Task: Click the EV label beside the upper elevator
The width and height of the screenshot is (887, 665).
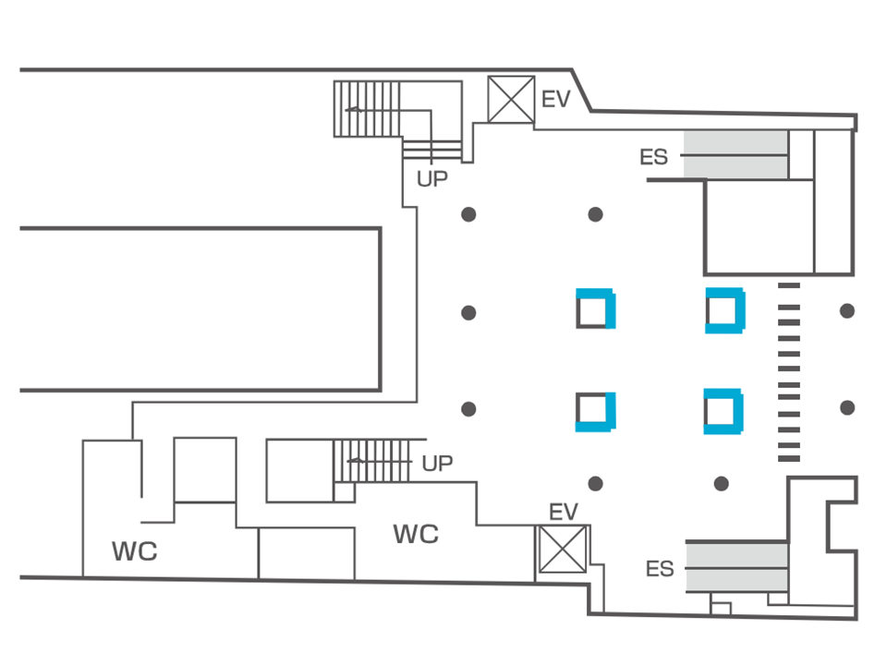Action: point(556,99)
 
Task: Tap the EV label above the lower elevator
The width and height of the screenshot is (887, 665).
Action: point(563,512)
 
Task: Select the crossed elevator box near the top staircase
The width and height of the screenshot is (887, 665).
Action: point(511,100)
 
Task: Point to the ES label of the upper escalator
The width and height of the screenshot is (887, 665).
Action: point(653,157)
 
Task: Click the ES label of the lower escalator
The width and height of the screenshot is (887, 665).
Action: point(660,568)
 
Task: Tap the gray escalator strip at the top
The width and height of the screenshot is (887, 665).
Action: point(735,154)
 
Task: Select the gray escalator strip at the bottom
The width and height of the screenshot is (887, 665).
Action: point(735,565)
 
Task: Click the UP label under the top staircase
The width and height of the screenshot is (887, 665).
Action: point(431,179)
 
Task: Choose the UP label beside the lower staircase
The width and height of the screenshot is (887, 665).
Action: point(437,464)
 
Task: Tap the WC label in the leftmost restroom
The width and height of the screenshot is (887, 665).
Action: point(135,552)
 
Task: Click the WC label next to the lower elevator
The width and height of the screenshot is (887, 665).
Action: point(416,534)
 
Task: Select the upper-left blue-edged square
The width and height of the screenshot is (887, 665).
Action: point(596,309)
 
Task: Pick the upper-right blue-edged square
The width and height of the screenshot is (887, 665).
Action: point(724,310)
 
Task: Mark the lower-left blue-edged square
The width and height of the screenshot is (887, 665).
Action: point(596,412)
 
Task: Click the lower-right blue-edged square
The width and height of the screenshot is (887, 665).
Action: point(723,411)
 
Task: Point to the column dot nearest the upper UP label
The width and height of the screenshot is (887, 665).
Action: point(468,215)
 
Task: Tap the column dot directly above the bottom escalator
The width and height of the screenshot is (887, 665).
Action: point(722,484)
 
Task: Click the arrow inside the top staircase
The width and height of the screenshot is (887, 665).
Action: point(354,110)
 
